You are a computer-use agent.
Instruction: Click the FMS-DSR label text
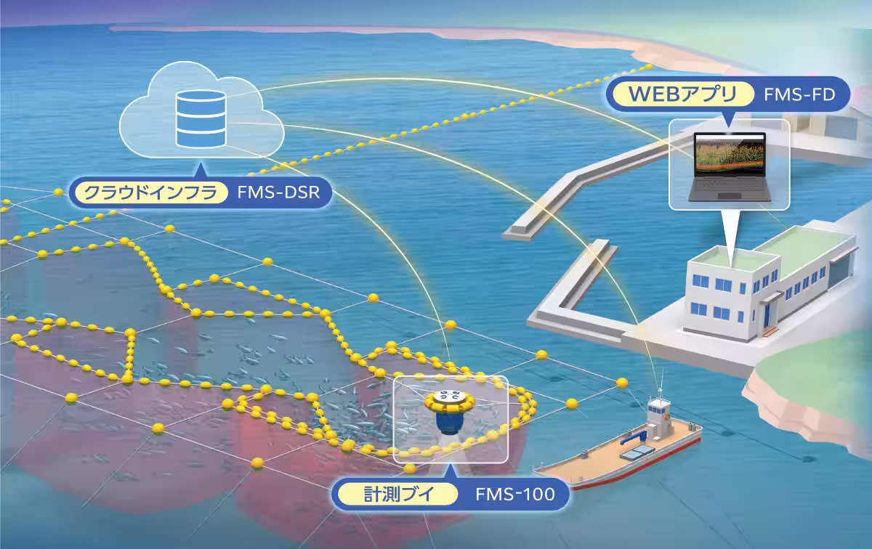tap(279, 192)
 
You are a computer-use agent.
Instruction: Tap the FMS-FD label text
tap(799, 94)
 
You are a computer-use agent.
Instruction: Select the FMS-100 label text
tap(515, 494)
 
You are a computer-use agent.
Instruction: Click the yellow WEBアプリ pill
tap(683, 94)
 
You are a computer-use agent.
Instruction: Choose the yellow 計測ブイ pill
tap(398, 494)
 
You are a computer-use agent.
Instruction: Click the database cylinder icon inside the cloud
tap(201, 119)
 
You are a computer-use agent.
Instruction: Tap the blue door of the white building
tap(767, 314)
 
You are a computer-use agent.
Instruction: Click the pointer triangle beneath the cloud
tap(201, 171)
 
